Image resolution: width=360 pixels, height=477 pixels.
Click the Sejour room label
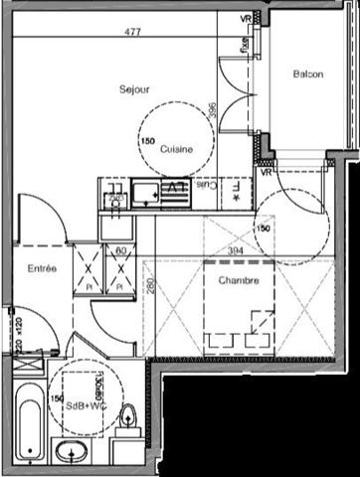pos(134,89)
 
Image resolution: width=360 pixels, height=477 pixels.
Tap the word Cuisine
pos(176,149)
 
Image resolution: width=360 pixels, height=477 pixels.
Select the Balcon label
pos(307,76)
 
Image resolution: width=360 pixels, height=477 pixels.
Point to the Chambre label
pos(239,281)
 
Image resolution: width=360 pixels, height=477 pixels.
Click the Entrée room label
pos(41,268)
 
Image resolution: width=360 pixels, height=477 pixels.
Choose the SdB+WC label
pos(87,405)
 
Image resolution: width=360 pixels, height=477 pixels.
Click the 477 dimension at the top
pos(132,32)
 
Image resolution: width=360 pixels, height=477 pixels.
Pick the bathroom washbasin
pos(71,455)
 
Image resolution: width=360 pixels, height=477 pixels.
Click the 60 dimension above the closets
pos(120,251)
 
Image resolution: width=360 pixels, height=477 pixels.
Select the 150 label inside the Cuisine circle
pos(147,142)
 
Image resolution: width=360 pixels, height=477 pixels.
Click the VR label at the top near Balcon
pos(245,19)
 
